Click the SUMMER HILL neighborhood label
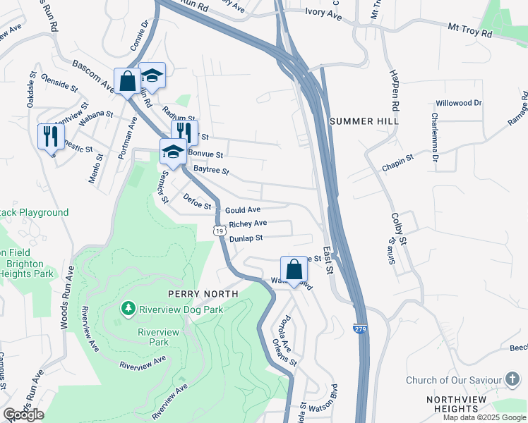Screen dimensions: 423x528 (364, 121)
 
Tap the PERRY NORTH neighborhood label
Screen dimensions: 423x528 (203, 293)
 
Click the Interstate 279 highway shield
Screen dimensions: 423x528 (360, 329)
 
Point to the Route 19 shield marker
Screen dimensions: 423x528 (221, 231)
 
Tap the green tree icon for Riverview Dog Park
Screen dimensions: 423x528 (128, 308)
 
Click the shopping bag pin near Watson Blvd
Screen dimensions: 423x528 (294, 269)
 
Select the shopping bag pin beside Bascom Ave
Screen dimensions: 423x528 (127, 80)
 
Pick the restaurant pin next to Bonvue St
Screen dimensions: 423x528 (184, 132)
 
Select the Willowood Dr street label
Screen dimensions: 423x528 (459, 103)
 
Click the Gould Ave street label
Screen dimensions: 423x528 (243, 210)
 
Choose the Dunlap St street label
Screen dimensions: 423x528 (246, 238)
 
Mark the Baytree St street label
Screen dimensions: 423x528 (212, 171)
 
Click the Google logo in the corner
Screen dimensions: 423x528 (24, 415)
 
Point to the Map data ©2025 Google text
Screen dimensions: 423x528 (484, 417)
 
